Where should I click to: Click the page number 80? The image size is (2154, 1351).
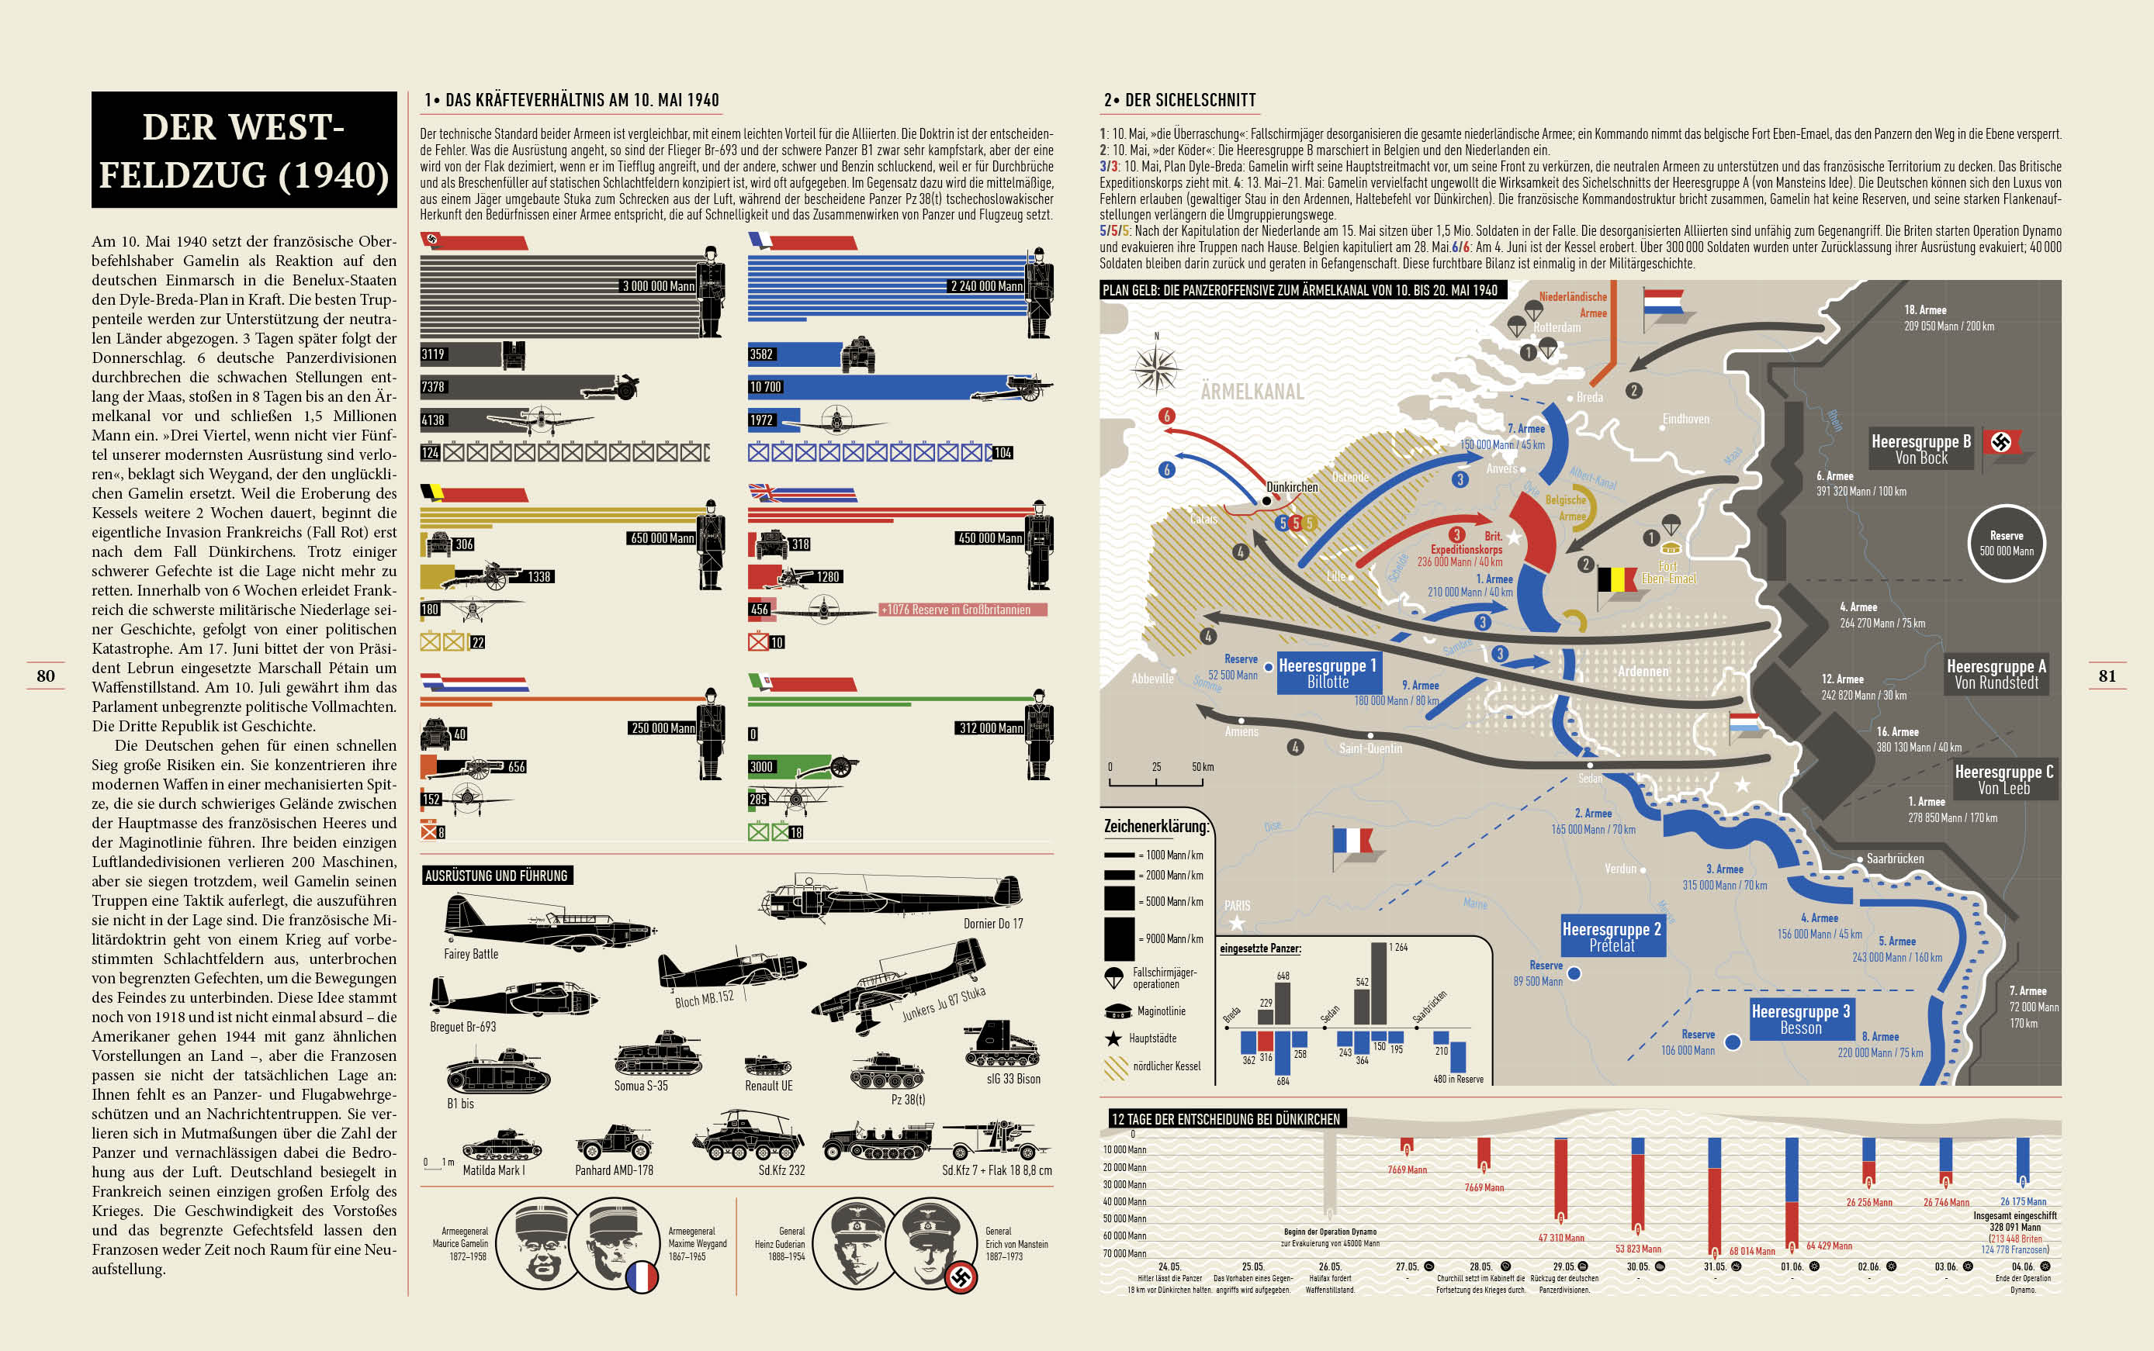(x=46, y=675)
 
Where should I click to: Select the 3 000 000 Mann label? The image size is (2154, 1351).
(x=658, y=286)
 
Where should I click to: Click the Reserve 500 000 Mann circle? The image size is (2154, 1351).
(x=2006, y=543)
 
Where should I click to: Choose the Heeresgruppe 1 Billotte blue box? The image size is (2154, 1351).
(x=1328, y=673)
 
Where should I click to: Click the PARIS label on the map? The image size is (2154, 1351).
(x=1237, y=906)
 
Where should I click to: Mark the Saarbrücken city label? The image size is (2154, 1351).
(x=1895, y=859)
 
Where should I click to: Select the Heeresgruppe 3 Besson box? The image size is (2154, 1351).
(x=1800, y=1018)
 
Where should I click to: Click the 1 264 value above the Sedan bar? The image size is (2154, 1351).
(x=1398, y=947)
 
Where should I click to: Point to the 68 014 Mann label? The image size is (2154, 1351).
(x=1752, y=1251)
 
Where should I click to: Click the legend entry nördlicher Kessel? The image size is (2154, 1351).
(x=1166, y=1066)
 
